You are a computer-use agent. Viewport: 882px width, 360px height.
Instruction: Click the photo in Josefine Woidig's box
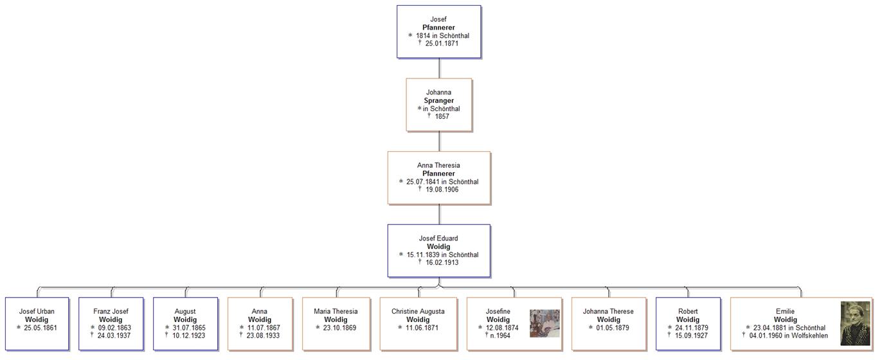click(544, 323)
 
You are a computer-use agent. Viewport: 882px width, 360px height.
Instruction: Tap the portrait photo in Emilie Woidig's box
click(855, 323)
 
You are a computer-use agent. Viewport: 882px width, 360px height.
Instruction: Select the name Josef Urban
click(37, 312)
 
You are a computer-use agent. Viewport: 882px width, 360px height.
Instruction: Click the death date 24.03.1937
click(114, 336)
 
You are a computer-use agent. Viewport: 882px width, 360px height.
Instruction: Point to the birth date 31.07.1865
click(188, 328)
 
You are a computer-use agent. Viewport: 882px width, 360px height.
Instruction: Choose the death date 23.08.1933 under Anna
click(263, 336)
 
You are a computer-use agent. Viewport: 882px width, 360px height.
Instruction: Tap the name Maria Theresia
click(336, 312)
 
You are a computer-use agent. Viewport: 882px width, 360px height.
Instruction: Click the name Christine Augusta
click(418, 312)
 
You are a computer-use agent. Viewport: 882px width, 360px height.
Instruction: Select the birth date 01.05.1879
click(612, 328)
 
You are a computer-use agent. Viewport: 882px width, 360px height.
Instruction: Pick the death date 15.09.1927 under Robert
click(692, 336)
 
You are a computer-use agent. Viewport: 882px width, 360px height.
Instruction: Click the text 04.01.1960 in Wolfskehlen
click(788, 336)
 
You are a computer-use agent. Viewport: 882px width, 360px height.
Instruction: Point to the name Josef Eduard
click(438, 239)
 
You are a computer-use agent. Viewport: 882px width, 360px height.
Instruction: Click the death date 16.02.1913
click(442, 262)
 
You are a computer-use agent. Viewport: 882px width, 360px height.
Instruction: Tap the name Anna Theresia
click(438, 165)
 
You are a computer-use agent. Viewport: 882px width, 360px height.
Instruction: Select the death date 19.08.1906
click(442, 190)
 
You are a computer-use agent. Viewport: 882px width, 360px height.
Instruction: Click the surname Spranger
click(438, 100)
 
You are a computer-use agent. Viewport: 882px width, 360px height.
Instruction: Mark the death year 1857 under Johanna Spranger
click(442, 116)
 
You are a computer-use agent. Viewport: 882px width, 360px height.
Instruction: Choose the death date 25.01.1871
click(442, 43)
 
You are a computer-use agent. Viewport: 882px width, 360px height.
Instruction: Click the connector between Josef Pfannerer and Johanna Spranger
click(439, 69)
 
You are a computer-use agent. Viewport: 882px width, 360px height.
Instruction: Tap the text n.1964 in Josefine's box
click(500, 336)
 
